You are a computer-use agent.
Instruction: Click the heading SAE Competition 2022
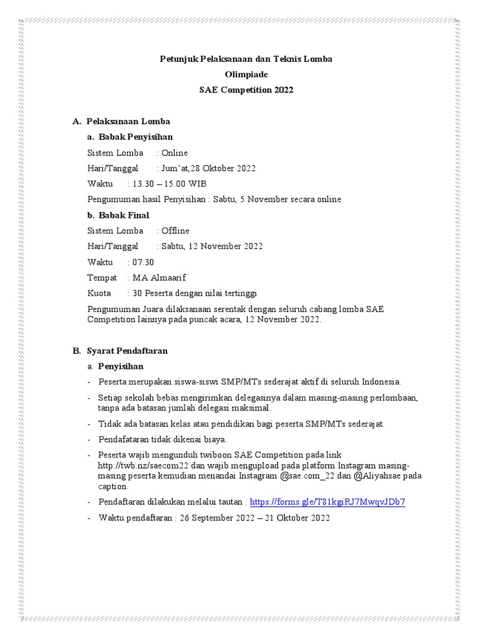coord(246,90)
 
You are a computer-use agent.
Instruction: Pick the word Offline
coord(175,231)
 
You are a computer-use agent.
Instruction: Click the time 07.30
coord(143,262)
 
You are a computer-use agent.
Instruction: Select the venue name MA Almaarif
coord(159,278)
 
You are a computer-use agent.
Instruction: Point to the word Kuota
coord(99,293)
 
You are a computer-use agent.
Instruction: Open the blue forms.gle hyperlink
coord(327,502)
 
